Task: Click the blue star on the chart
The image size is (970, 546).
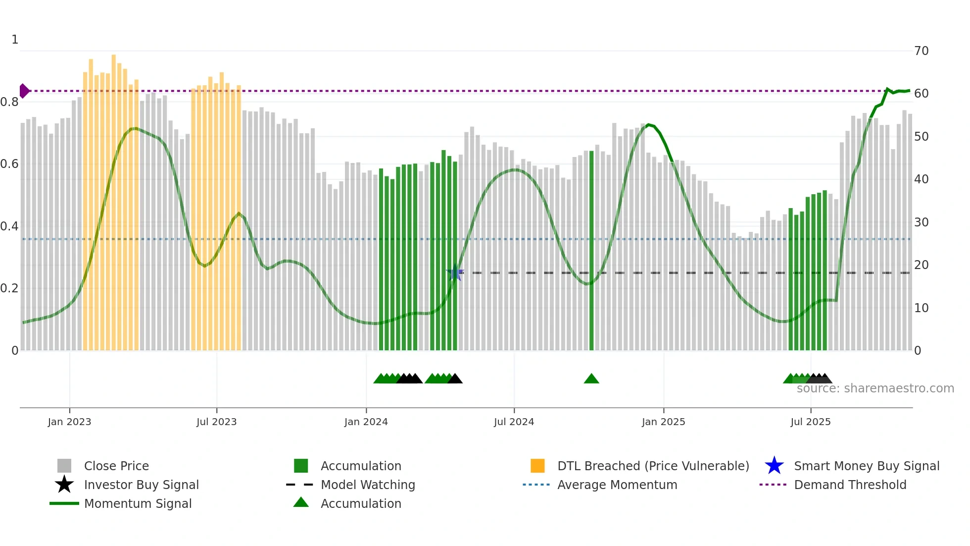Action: [455, 273]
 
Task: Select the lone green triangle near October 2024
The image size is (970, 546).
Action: [591, 379]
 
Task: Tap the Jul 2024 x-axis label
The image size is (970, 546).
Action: [514, 422]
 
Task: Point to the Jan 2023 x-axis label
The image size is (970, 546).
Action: [69, 422]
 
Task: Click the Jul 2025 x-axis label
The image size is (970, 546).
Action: [810, 422]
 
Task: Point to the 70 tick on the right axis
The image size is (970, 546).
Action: [921, 51]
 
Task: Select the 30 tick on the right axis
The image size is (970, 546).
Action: [921, 222]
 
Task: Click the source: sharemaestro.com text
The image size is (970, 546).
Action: [875, 388]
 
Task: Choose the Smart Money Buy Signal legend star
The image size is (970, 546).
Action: [774, 466]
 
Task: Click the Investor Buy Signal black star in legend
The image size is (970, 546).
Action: [64, 485]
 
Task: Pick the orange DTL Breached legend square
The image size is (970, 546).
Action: [537, 466]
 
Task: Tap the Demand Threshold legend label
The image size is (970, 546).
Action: [850, 485]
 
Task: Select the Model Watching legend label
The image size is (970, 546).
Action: [368, 485]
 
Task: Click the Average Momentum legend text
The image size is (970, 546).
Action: [617, 485]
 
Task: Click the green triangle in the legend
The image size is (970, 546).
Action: [301, 503]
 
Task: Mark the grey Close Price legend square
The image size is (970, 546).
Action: [64, 466]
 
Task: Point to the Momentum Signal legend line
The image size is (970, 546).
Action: [64, 503]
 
